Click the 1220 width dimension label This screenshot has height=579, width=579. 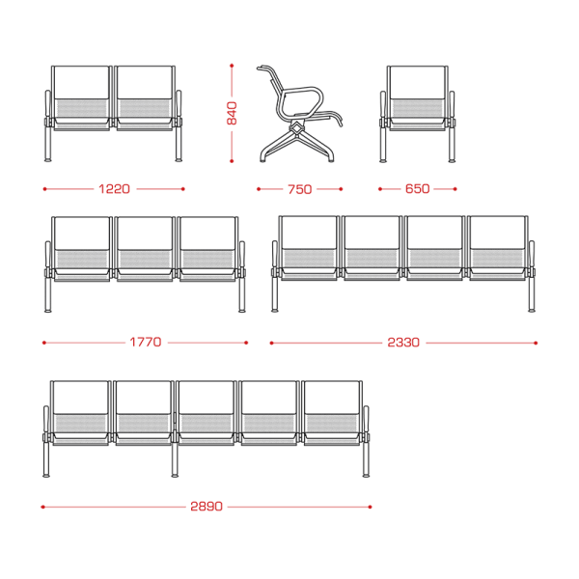(x=114, y=189)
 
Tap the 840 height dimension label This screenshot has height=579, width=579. (x=232, y=113)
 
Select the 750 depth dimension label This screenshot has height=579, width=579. (x=299, y=189)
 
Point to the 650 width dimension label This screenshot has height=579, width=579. (x=417, y=189)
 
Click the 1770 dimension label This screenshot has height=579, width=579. (x=146, y=343)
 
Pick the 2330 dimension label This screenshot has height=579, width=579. (x=403, y=343)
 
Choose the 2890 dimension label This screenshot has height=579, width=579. (x=207, y=507)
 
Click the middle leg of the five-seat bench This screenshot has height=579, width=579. (x=175, y=457)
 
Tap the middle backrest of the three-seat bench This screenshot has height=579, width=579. (x=143, y=234)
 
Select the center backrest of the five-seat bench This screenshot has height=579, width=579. (x=206, y=398)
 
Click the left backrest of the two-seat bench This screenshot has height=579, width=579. (x=81, y=82)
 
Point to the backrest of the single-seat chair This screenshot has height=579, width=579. (x=417, y=82)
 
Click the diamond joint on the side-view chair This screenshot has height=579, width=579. (x=296, y=128)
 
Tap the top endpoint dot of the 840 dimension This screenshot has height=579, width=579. (x=232, y=66)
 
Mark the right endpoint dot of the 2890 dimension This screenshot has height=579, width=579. (x=370, y=507)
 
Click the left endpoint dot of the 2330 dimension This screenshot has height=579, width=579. (x=272, y=343)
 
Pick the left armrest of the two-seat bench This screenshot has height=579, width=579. (x=48, y=104)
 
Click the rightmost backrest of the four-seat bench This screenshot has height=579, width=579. (x=497, y=233)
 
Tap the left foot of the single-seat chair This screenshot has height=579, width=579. (x=383, y=161)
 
